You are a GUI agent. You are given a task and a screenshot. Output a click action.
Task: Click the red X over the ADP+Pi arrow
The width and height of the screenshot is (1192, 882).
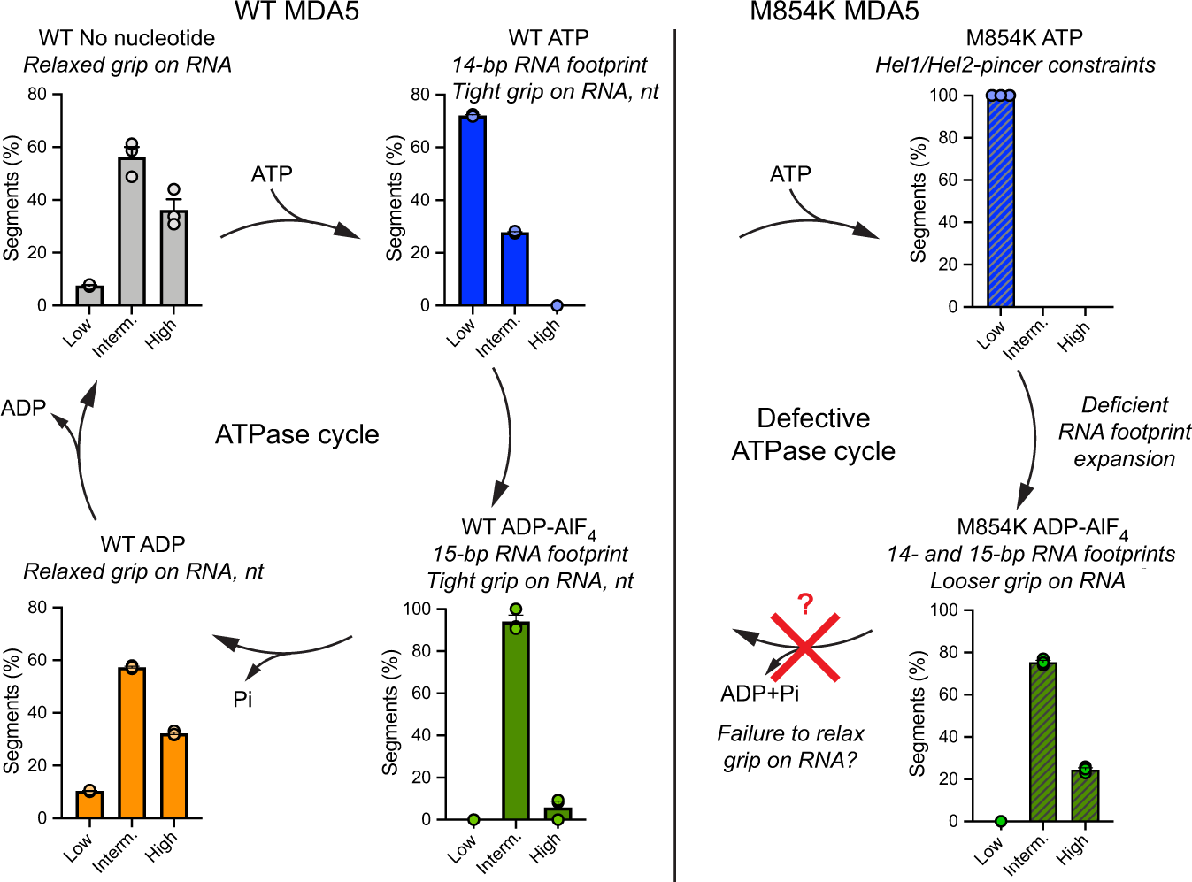[x=805, y=648]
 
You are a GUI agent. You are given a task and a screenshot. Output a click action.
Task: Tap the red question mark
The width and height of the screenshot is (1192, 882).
[x=804, y=605]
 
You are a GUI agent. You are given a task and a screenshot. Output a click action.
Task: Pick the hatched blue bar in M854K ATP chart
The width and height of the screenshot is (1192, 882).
[x=1001, y=202]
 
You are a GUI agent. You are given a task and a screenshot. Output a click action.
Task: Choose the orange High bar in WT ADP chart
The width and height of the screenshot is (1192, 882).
[x=174, y=776]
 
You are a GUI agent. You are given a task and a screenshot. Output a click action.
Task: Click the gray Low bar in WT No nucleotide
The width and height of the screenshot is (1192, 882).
[x=89, y=295]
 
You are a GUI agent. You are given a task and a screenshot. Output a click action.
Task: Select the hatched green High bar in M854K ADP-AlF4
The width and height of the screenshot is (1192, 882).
[x=1085, y=795]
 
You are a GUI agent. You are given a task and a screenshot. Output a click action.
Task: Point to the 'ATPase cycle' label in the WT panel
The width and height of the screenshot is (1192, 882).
[x=296, y=434]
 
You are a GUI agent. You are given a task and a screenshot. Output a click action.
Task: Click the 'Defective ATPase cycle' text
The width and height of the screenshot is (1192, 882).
[x=813, y=434]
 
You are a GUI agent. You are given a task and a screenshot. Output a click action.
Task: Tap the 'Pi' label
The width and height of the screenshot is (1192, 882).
[x=242, y=700]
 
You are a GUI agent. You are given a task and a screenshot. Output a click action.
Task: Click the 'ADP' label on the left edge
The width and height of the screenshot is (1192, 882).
[x=24, y=408]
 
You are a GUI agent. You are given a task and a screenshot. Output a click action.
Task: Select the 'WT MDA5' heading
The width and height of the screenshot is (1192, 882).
[x=296, y=12]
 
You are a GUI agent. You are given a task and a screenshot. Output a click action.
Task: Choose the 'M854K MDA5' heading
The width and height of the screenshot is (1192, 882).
[x=834, y=12]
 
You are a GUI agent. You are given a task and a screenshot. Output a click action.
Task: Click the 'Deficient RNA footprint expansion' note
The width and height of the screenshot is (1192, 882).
[x=1124, y=432]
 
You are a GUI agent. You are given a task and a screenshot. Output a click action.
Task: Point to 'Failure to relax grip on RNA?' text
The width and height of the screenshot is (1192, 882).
[x=790, y=747]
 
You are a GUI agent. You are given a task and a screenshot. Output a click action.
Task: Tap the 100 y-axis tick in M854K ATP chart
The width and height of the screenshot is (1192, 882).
[x=943, y=96]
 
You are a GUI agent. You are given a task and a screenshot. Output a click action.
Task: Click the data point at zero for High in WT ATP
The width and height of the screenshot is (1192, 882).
[x=557, y=305]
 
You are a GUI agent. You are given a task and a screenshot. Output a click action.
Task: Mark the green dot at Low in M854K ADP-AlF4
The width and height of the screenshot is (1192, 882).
[x=1000, y=822]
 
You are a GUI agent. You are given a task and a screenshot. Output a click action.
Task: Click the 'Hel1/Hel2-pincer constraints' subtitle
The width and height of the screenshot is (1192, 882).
[x=1014, y=65]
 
